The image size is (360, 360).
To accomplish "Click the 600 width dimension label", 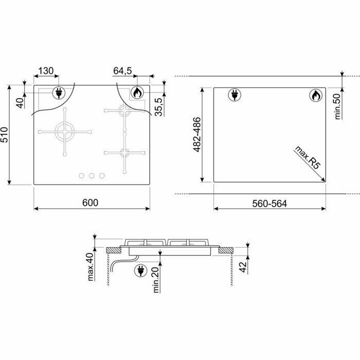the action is coord(90,203).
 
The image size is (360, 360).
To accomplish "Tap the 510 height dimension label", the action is coord(5,135).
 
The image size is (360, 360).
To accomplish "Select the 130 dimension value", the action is coord(46,71).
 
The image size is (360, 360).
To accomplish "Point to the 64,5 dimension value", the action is coord(122,71).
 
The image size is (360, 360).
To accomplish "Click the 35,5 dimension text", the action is coord(158,107).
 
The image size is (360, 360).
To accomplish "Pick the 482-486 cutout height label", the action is coord(197,135).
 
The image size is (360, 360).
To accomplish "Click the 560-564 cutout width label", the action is coord(269,204).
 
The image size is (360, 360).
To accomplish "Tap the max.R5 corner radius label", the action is coord(307,157).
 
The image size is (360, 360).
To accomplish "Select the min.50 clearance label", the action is coord(337,106).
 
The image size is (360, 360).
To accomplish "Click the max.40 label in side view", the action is coord(91,267).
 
